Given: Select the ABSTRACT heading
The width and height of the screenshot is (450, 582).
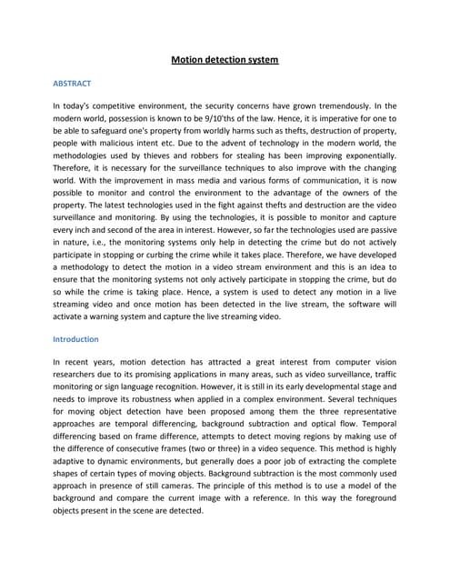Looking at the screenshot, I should click(73, 84).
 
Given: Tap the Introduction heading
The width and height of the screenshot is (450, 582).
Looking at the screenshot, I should click(77, 339).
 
